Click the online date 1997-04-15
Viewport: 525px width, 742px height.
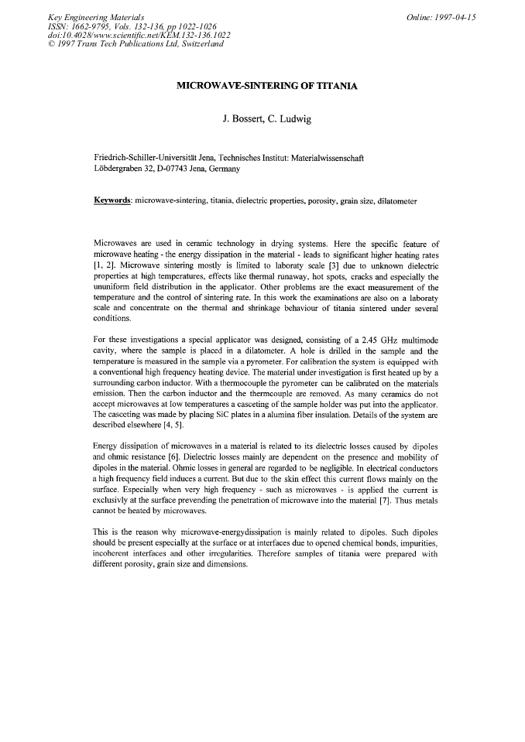455,17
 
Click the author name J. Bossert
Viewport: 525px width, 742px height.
245,120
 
